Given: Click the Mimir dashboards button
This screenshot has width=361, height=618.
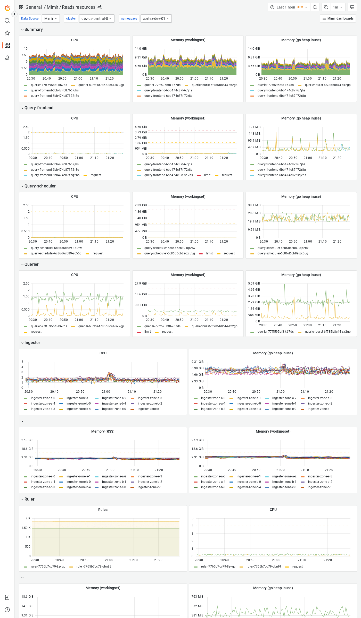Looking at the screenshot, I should pyautogui.click(x=338, y=19).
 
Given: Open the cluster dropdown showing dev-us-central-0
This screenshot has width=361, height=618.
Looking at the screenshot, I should pyautogui.click(x=96, y=19).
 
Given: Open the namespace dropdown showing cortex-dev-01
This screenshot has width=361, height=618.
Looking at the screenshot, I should pyautogui.click(x=156, y=19).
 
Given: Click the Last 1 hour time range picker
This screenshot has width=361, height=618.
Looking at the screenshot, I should pyautogui.click(x=289, y=7).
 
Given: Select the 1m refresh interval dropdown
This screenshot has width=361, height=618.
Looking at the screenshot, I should pyautogui.click(x=337, y=7).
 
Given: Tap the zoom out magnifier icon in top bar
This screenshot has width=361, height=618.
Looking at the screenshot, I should pyautogui.click(x=315, y=7).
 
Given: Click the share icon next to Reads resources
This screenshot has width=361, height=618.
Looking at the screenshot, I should pyautogui.click(x=100, y=7).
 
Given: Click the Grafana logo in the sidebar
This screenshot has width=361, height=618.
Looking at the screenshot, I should pyautogui.click(x=7, y=8).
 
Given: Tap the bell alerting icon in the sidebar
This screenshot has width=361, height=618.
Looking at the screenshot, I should pyautogui.click(x=7, y=58).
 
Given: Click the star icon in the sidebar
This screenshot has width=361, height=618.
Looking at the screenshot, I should pyautogui.click(x=7, y=33).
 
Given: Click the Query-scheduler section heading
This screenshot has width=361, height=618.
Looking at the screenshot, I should pyautogui.click(x=40, y=186).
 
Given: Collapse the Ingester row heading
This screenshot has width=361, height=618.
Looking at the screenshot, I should pyautogui.click(x=32, y=342).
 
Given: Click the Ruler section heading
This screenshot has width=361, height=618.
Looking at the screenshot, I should pyautogui.click(x=29, y=499).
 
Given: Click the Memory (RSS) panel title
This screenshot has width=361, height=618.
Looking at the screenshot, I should pyautogui.click(x=103, y=431).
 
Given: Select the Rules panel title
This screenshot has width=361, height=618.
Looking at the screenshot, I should pyautogui.click(x=103, y=510).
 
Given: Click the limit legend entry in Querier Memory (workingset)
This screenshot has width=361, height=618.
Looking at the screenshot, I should pyautogui.click(x=147, y=332).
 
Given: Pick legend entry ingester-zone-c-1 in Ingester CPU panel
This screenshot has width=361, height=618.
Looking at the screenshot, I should pyautogui.click(x=149, y=409).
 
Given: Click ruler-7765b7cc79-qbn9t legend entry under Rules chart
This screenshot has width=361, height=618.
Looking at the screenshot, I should pyautogui.click(x=94, y=566).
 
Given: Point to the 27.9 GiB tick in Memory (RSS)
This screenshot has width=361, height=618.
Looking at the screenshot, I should pyautogui.click(x=27, y=440).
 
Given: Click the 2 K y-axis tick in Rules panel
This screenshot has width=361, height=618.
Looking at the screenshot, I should pyautogui.click(x=28, y=518).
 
